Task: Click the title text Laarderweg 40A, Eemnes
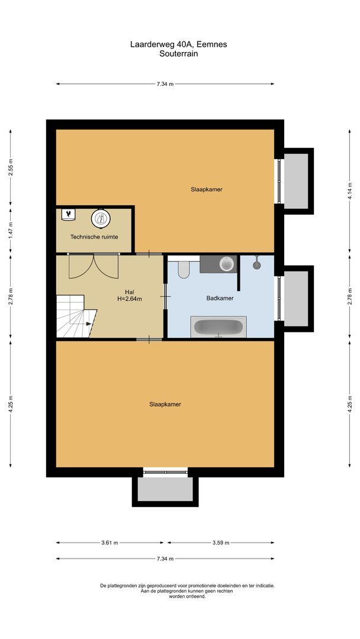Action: pos(178,44)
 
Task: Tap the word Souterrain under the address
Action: pos(178,53)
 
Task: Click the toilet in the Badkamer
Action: pos(183,268)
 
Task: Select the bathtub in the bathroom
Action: pos(218,327)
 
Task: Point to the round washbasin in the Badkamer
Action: pos(226,264)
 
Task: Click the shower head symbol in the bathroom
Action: pos(257,262)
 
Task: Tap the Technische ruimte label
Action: pos(94,237)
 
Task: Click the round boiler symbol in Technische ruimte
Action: pos(100,219)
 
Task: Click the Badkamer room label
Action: pos(220,298)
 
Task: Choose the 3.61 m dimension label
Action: pos(110,542)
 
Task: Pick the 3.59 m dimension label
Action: pos(220,542)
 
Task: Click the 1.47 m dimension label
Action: pos(10,231)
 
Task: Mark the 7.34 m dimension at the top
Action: pos(165,84)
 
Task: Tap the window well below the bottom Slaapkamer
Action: pos(165,488)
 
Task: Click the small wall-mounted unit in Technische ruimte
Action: pos(69,214)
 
